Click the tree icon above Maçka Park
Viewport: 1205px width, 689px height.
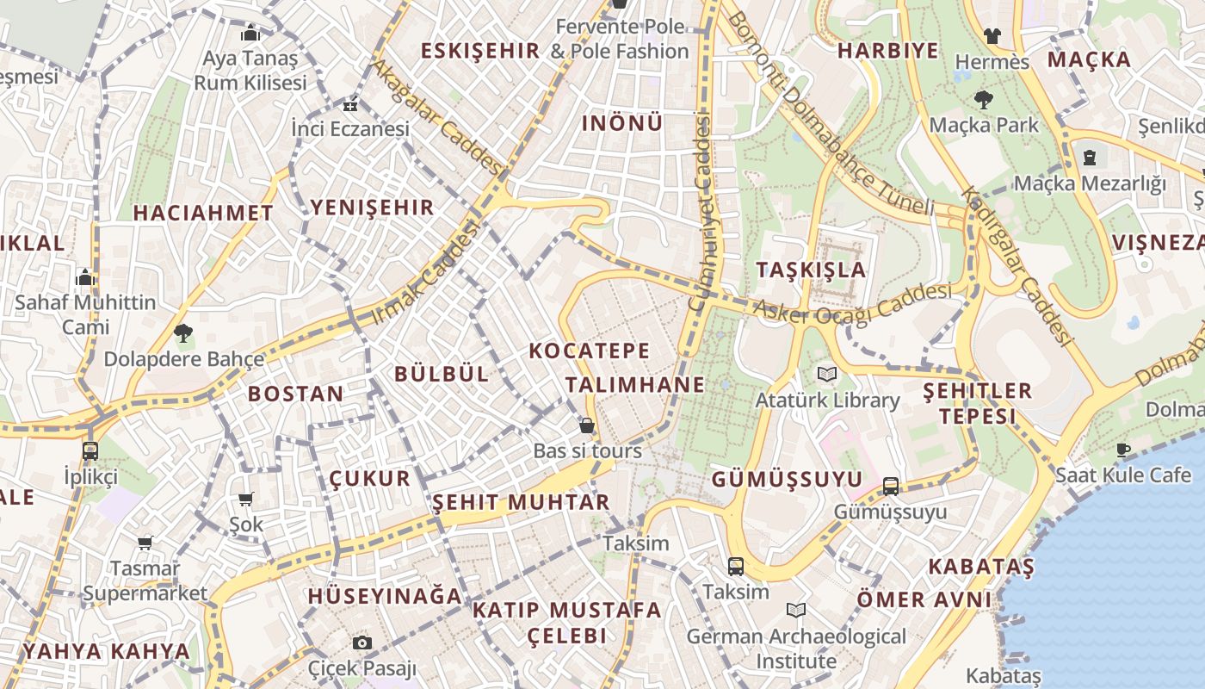[x=984, y=100]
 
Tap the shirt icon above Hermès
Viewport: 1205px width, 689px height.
[x=992, y=36]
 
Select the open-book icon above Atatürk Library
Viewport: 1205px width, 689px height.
[x=827, y=375]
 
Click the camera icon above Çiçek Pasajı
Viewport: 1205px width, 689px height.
[x=362, y=642]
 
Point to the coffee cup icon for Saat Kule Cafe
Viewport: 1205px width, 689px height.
[x=1123, y=449]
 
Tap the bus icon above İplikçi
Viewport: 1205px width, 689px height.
[x=90, y=450]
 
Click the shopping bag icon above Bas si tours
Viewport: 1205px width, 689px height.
[x=587, y=425]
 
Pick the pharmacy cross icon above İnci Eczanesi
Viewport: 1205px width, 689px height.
[x=349, y=105]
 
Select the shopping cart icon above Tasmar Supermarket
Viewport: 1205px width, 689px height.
[x=145, y=543]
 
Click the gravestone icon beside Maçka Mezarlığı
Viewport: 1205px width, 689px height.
[x=1091, y=158]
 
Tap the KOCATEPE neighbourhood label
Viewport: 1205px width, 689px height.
[x=590, y=351]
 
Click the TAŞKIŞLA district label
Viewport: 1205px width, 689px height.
[x=811, y=270]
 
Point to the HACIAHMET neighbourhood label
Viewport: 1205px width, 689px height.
[x=203, y=213]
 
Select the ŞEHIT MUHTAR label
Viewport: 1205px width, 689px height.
[x=521, y=502]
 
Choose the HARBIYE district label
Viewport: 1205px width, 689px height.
[x=888, y=51]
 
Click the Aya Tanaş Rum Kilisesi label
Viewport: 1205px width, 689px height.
[x=250, y=71]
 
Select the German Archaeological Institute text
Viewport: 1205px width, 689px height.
[x=795, y=649]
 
